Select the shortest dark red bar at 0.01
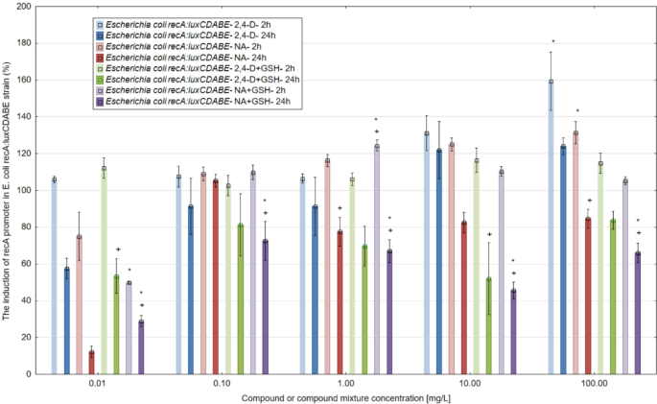tap(92, 362)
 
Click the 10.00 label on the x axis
tap(469, 383)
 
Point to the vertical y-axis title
tap(8, 192)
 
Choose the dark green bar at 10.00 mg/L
tap(489, 325)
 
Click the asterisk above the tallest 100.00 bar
tap(552, 41)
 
